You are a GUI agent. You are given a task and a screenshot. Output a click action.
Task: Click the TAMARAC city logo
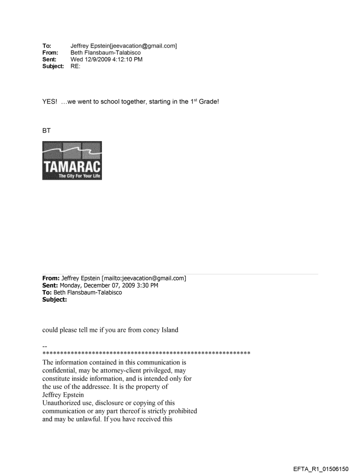[x=72, y=160]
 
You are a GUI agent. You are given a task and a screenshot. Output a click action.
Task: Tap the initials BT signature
[x=46, y=130]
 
